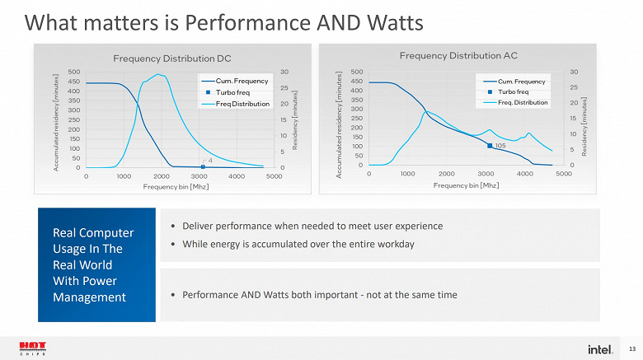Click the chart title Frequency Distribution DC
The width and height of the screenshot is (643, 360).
[x=171, y=58]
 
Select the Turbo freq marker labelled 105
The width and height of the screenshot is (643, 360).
[x=490, y=146]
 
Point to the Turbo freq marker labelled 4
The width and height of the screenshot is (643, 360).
[x=203, y=166]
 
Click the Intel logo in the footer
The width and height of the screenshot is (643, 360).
[x=600, y=348]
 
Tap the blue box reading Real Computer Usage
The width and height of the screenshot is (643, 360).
[x=96, y=264]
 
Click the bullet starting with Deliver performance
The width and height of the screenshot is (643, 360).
[x=312, y=226]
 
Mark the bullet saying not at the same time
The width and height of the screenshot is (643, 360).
[x=320, y=294]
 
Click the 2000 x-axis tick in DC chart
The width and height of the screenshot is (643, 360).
[x=161, y=175]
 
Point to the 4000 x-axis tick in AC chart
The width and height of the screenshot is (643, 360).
[x=524, y=173]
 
